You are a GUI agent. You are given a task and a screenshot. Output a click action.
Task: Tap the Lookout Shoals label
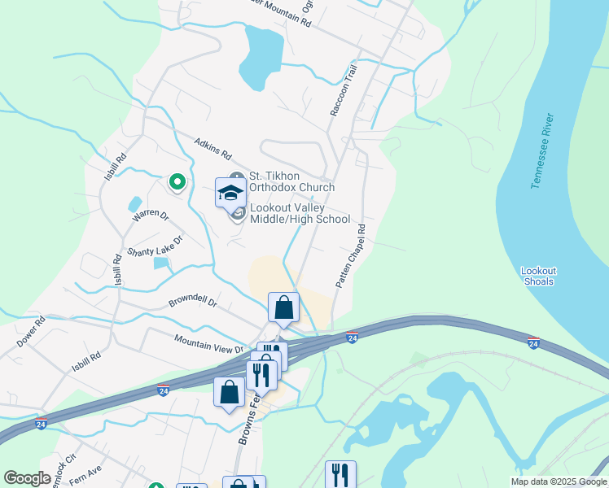538,276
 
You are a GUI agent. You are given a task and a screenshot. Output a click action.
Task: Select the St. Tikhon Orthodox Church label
291,181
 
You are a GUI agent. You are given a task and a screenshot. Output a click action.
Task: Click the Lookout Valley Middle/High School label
300,213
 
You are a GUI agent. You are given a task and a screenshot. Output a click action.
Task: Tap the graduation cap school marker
230,193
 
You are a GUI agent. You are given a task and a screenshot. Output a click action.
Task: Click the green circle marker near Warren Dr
176,183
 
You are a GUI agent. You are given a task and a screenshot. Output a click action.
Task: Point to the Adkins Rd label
213,149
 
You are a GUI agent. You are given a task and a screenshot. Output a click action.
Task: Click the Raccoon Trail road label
344,89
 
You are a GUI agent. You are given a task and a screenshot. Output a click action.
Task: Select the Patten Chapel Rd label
352,255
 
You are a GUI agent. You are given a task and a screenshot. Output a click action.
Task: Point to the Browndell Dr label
193,302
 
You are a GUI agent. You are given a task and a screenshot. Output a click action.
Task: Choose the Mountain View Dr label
208,342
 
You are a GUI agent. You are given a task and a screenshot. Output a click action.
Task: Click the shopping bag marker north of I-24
283,308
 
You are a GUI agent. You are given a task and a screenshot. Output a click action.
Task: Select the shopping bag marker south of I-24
230,391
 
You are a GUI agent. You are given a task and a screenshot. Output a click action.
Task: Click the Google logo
27,478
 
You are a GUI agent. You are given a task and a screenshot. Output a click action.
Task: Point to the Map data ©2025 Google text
558,481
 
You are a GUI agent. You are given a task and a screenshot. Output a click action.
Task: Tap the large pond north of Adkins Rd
261,57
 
